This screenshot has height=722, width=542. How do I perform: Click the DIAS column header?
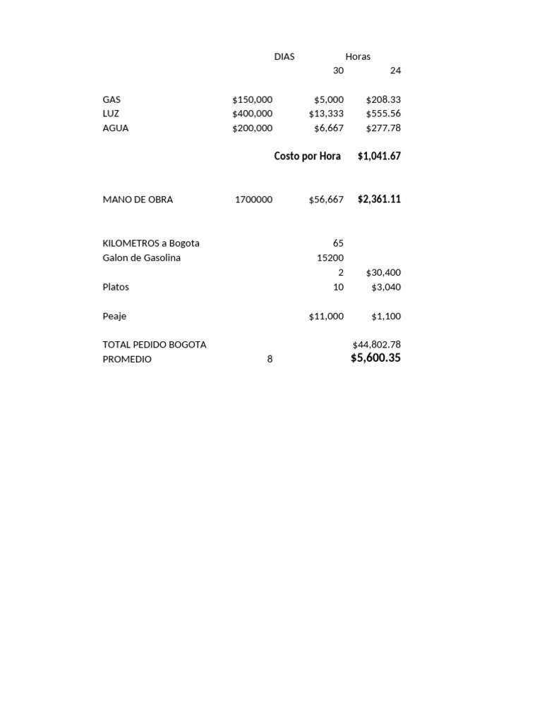click(x=284, y=56)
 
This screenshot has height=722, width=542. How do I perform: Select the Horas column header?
click(x=358, y=56)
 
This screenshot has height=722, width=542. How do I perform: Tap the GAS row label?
click(x=112, y=99)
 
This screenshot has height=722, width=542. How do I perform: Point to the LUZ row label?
click(x=111, y=114)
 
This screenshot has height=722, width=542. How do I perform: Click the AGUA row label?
click(x=116, y=128)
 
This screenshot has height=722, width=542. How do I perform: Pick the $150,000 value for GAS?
click(x=252, y=99)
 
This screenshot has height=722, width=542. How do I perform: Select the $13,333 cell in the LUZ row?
click(x=326, y=114)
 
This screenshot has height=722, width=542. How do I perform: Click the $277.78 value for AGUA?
click(x=383, y=128)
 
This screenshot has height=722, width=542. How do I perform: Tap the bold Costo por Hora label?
click(x=307, y=156)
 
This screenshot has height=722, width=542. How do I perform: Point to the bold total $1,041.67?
click(x=379, y=156)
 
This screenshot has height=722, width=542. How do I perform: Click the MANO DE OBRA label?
click(x=138, y=200)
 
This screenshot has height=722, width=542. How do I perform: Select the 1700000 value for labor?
click(x=253, y=200)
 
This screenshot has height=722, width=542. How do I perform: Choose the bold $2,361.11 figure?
click(x=379, y=199)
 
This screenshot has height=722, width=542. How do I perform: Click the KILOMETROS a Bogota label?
click(x=151, y=243)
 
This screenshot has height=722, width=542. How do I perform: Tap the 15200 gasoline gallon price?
click(x=330, y=258)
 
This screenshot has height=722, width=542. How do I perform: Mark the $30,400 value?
click(x=383, y=273)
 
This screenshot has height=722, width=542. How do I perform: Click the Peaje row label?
click(x=114, y=317)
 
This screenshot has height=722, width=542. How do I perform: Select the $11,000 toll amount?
click(x=326, y=317)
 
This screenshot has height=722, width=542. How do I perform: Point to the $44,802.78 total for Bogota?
click(x=376, y=345)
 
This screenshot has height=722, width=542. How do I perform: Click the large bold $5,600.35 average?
click(x=375, y=358)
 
